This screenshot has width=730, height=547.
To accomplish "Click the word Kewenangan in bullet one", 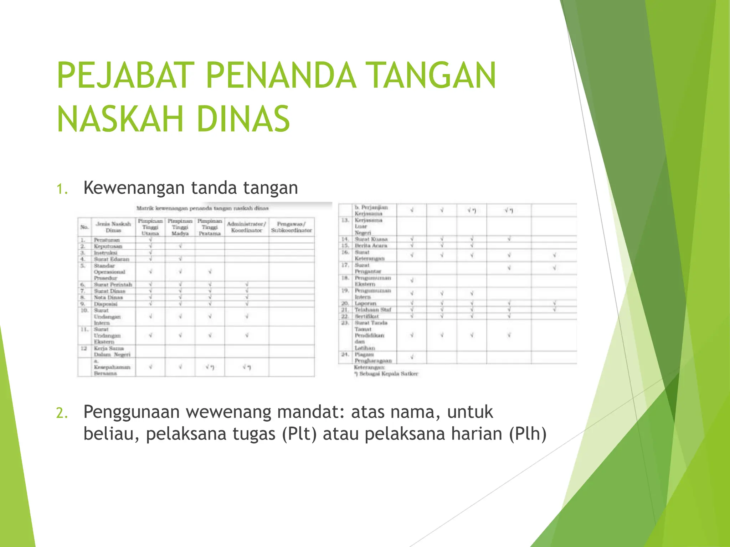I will click(134, 188).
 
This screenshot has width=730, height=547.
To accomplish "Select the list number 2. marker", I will click(62, 413).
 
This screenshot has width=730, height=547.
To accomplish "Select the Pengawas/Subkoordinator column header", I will click(291, 227).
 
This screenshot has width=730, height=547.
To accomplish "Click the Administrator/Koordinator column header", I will click(246, 227).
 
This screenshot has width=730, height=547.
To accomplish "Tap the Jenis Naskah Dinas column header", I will click(113, 227).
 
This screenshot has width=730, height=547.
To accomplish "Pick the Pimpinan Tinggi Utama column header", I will click(150, 227).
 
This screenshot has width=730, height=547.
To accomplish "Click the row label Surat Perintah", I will click(113, 285).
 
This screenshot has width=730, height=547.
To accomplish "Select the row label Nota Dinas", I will click(108, 297).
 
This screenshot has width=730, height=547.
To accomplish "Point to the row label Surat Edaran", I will click(111, 259).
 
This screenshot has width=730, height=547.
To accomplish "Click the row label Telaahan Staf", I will click(372, 310).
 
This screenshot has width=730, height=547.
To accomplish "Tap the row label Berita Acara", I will click(371, 246).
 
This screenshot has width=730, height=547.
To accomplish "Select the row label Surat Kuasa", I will click(371, 239).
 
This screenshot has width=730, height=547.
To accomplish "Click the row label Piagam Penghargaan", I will click(372, 358).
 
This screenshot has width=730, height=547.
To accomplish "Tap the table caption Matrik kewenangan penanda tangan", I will click(202, 208).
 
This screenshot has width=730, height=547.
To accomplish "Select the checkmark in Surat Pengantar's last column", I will click(554, 268).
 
